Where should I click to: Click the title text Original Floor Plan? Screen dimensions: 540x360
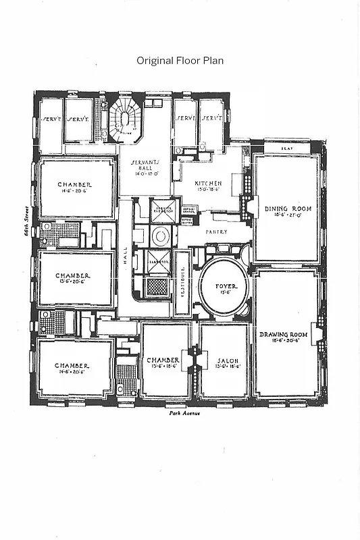[x=180, y=60]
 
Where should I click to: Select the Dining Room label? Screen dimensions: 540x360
[x=286, y=209]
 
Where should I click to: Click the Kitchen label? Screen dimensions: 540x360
[x=208, y=184]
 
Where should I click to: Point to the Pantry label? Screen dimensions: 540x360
[x=217, y=232]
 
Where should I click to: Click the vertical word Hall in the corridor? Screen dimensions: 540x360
[x=125, y=257]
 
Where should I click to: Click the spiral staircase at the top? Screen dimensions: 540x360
[x=124, y=120]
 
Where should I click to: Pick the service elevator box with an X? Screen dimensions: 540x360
[x=162, y=208]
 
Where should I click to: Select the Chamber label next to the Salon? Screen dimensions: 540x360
[x=163, y=360]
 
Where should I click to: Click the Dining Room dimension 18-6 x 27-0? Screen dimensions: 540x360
[x=286, y=216]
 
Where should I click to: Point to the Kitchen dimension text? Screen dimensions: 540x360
[x=208, y=190]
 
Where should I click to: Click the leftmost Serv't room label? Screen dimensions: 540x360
[x=51, y=119]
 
